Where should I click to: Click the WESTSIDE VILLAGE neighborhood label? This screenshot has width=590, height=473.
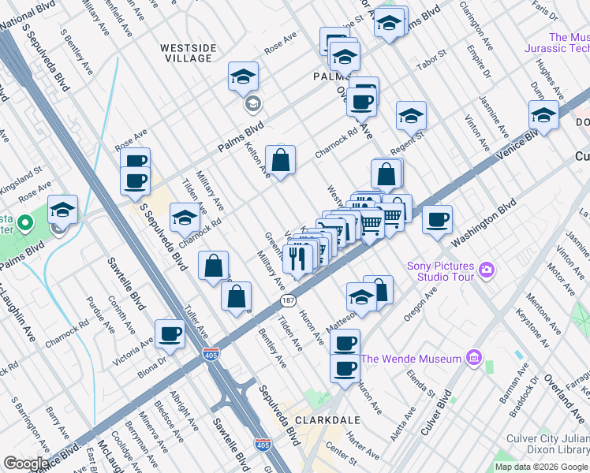pyautogui.click(x=187, y=53)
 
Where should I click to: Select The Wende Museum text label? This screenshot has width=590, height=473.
pyautogui.click(x=410, y=359)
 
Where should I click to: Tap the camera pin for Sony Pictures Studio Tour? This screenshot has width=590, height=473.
pyautogui.click(x=487, y=270)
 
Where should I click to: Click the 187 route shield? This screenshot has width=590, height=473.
pyautogui.click(x=286, y=302)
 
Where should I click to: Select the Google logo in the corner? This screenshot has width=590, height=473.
pyautogui.click(x=27, y=464)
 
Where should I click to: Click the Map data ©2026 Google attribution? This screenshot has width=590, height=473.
pyautogui.click(x=541, y=467)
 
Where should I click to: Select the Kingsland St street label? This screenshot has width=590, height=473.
pyautogui.click(x=21, y=173)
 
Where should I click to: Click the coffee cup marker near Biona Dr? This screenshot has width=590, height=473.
pyautogui.click(x=170, y=335)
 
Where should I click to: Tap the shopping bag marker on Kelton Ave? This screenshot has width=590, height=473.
pyautogui.click(x=280, y=161)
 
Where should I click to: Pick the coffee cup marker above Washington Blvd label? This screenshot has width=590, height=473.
pyautogui.click(x=437, y=221)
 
